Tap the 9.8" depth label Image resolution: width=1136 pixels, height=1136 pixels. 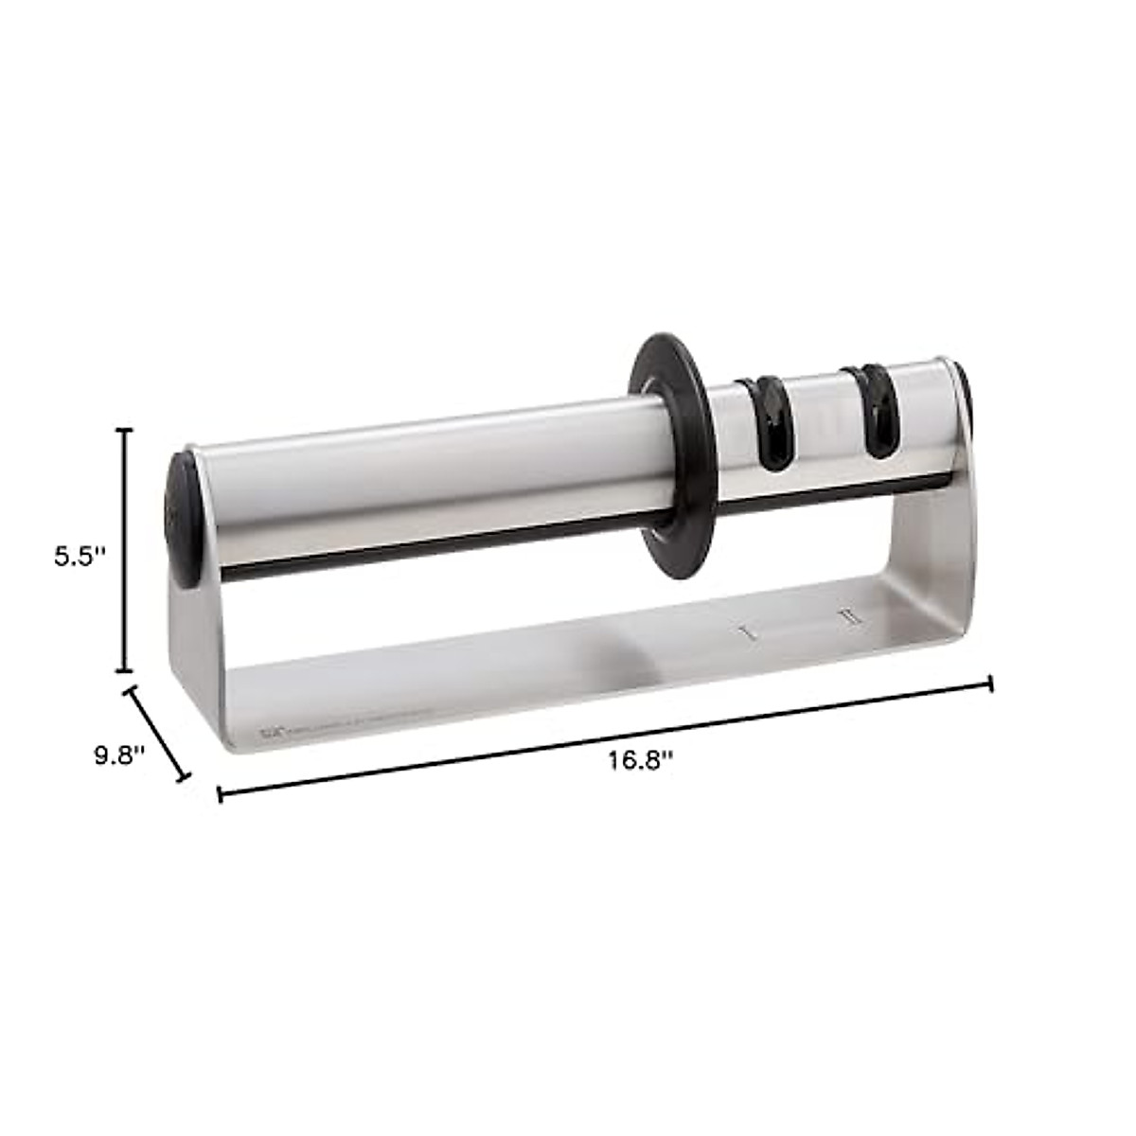coord(119,754)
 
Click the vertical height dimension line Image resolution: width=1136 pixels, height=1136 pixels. coord(122,549)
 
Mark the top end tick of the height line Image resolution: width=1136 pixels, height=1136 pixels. coord(122,429)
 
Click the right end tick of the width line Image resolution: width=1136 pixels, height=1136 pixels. coord(990,683)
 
